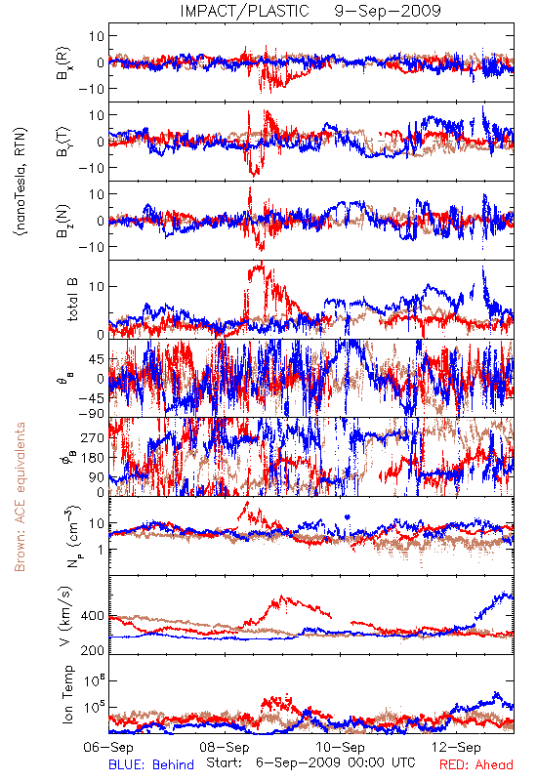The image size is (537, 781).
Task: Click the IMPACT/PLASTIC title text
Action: pyautogui.click(x=245, y=11)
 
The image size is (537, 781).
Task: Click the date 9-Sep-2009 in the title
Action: pyautogui.click(x=388, y=11)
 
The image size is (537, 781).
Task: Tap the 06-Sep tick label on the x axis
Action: pyautogui.click(x=108, y=747)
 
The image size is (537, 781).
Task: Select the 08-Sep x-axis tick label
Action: pyautogui.click(x=225, y=747)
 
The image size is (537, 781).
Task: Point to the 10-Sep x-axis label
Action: pyautogui.click(x=341, y=747)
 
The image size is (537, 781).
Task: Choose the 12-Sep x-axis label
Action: pyautogui.click(x=457, y=747)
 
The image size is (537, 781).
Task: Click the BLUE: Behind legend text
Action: pyautogui.click(x=151, y=765)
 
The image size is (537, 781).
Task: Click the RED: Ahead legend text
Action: pyautogui.click(x=475, y=765)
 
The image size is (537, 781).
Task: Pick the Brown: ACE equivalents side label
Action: pyautogui.click(x=20, y=497)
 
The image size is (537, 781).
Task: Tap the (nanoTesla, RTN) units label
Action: pyautogui.click(x=21, y=181)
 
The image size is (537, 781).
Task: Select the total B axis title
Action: pyautogui.click(x=72, y=300)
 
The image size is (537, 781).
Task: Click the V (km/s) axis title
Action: pyautogui.click(x=65, y=616)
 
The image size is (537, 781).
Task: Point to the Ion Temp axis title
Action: pyautogui.click(x=67, y=694)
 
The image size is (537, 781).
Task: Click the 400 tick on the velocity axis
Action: pyautogui.click(x=93, y=616)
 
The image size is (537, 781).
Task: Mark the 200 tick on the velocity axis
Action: pyautogui.click(x=93, y=650)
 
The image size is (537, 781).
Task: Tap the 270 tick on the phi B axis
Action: pyautogui.click(x=93, y=437)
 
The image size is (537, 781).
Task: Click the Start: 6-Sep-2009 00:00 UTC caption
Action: pyautogui.click(x=310, y=762)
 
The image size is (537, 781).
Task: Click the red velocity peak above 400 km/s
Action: pyautogui.click(x=282, y=596)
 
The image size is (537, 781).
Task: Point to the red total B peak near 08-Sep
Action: pyautogui.click(x=261, y=263)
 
